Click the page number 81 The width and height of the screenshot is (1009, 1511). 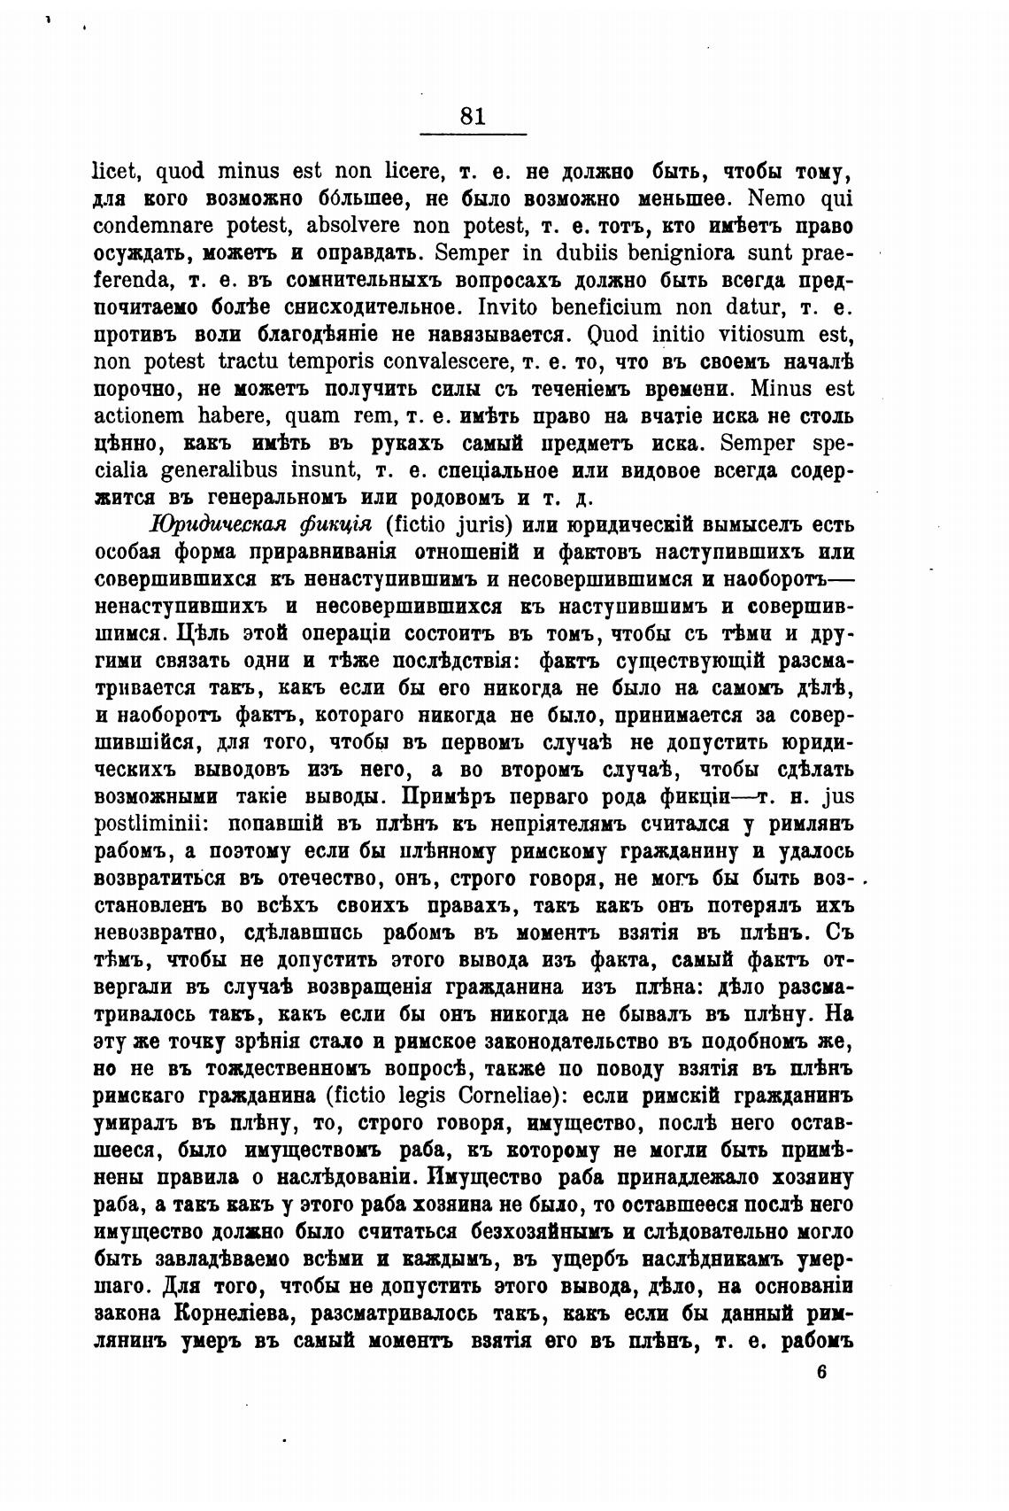[473, 116]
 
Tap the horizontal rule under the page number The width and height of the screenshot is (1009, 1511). [473, 134]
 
